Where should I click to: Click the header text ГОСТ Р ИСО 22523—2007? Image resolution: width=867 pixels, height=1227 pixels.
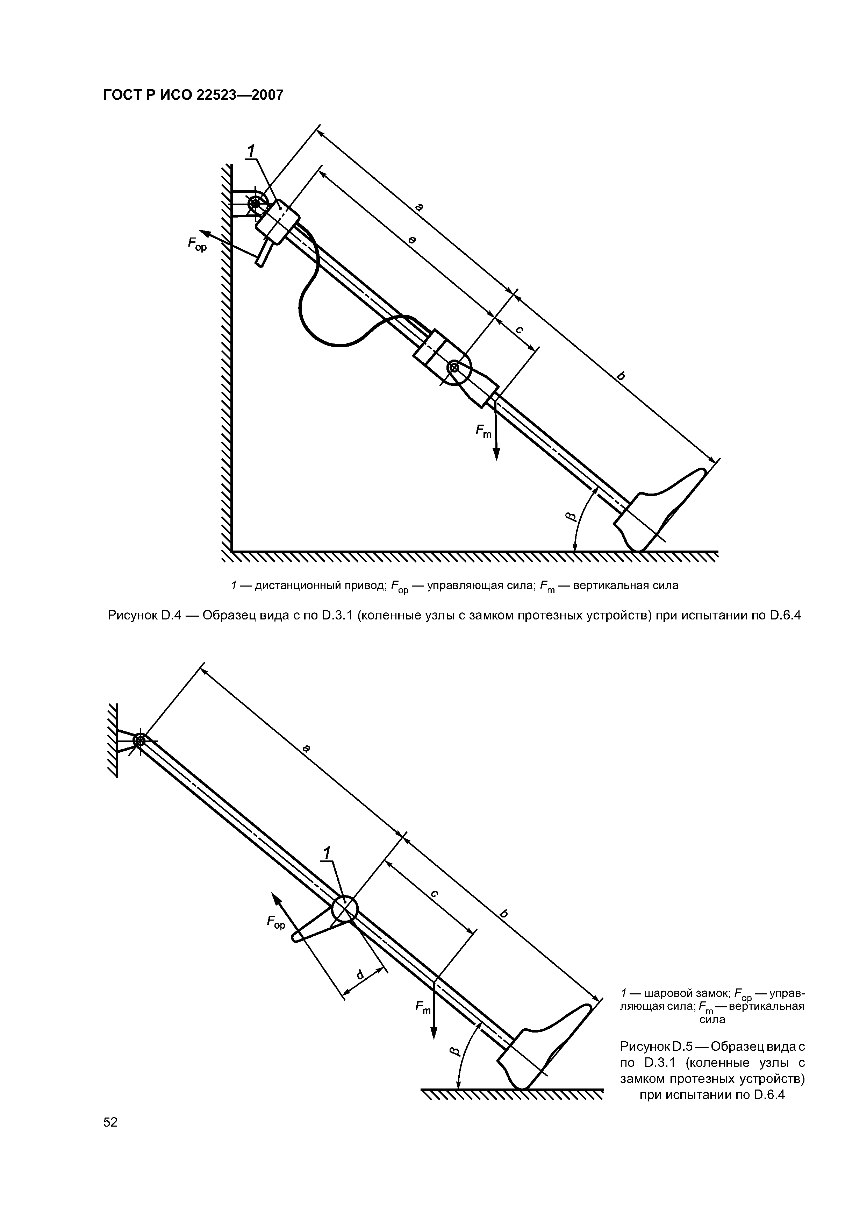point(192,95)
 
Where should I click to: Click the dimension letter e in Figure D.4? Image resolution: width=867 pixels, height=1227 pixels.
point(412,241)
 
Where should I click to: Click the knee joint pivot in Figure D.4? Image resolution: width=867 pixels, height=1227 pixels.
point(454,367)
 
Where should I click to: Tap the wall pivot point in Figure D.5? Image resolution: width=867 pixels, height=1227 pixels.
point(139,741)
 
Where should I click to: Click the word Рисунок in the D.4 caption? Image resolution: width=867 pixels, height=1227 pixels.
point(131,615)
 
